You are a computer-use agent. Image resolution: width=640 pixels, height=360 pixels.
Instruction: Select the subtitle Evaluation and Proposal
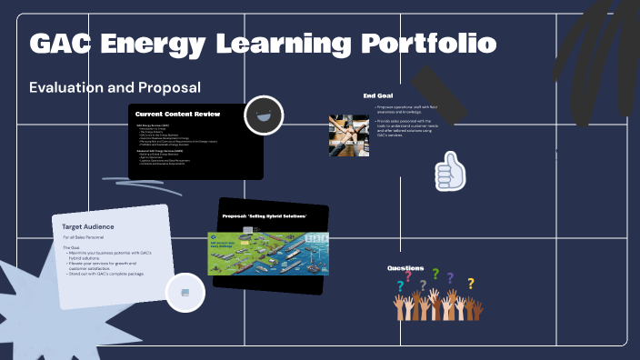click(115, 87)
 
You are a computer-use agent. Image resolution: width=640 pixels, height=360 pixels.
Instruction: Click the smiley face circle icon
click(265, 115)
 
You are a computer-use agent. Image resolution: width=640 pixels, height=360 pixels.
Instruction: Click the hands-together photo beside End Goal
click(348, 135)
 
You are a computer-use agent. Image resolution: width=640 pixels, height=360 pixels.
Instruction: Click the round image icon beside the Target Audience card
click(185, 292)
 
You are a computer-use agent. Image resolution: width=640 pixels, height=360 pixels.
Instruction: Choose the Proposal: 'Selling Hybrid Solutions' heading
click(265, 215)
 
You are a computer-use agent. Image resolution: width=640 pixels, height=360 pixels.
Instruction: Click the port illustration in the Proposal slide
click(268, 252)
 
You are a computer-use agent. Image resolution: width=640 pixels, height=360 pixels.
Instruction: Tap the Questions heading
click(405, 268)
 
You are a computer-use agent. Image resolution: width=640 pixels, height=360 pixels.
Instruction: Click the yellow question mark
click(471, 284)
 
